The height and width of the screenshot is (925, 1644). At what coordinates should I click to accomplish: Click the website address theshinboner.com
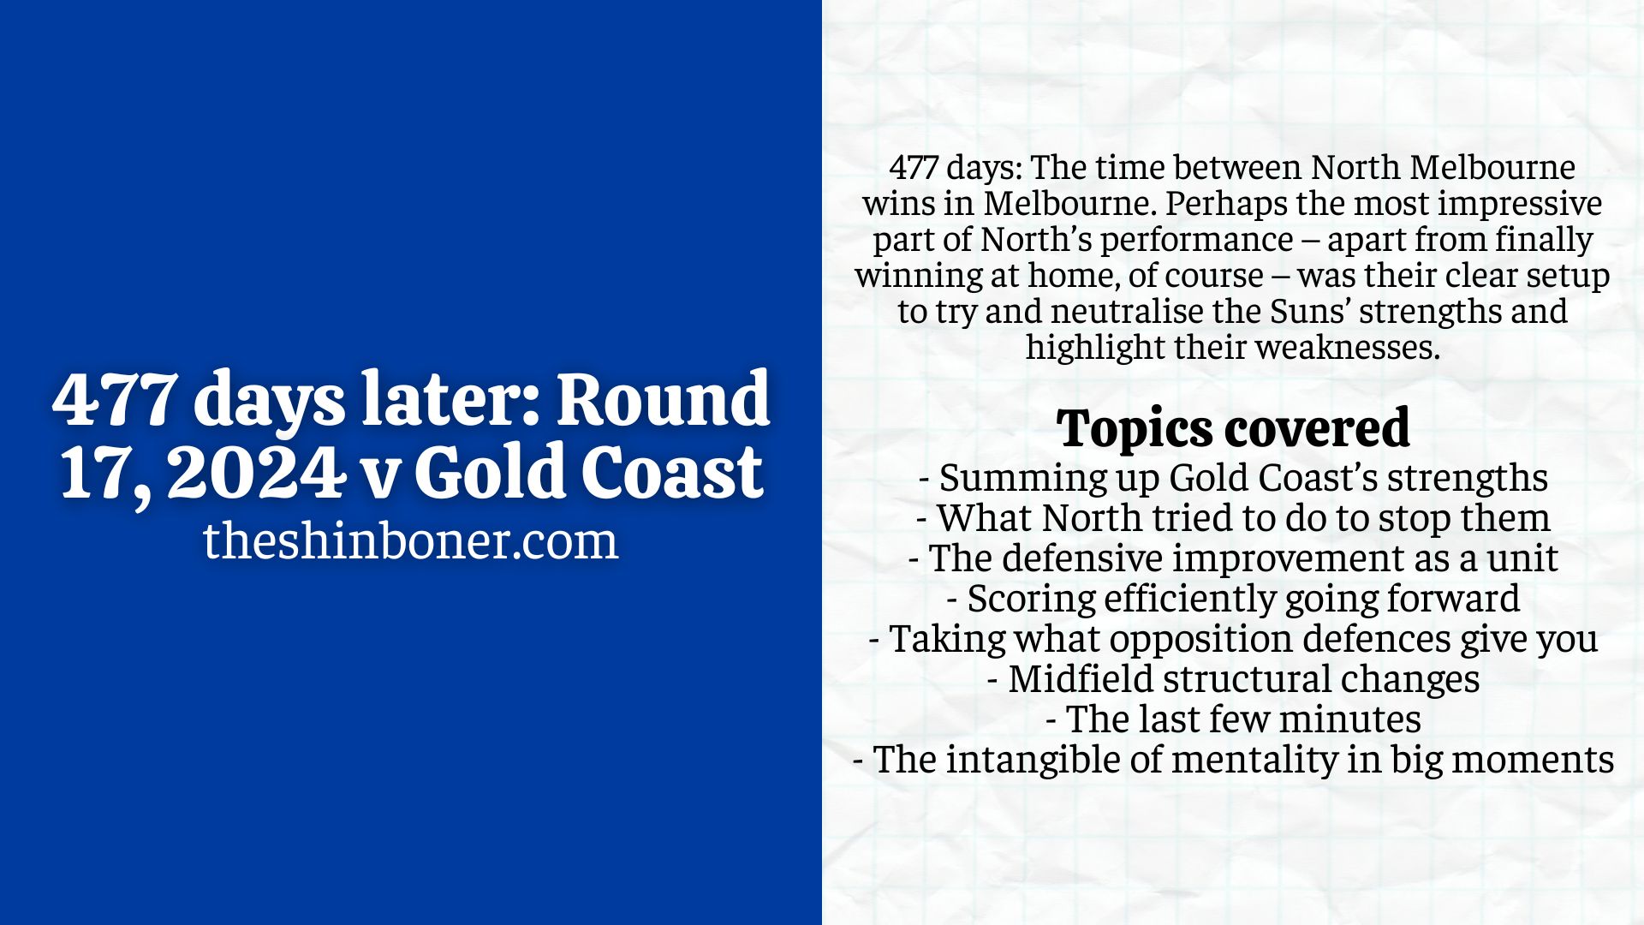point(411,541)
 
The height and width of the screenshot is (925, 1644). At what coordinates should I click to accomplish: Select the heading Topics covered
point(1232,428)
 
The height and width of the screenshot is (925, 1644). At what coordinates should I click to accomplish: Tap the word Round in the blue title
point(664,399)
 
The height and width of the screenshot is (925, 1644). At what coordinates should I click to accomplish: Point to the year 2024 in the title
point(253,473)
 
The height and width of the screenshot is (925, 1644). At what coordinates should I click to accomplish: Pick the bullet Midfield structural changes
point(1233,679)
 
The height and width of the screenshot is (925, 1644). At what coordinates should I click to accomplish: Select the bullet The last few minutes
point(1233,719)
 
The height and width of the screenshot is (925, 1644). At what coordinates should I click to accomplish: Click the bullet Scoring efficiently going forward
point(1233,599)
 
